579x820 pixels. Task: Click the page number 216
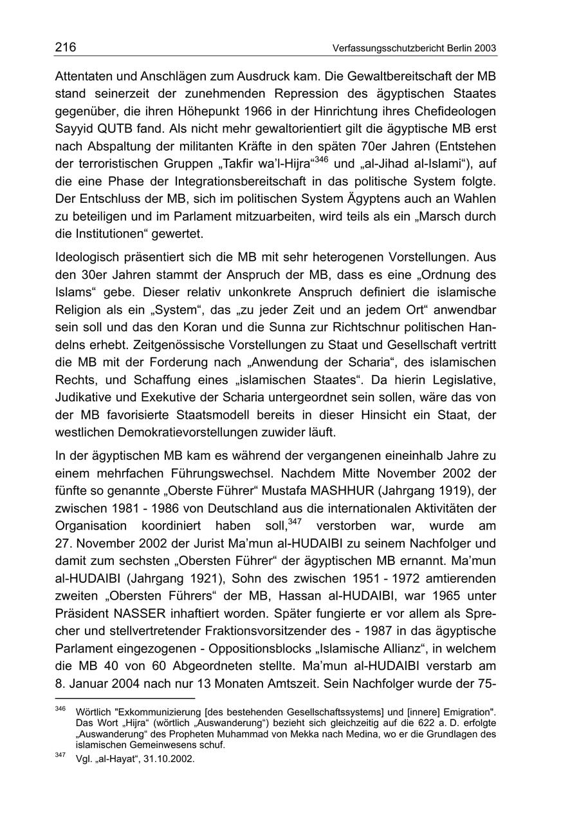[x=65, y=47]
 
